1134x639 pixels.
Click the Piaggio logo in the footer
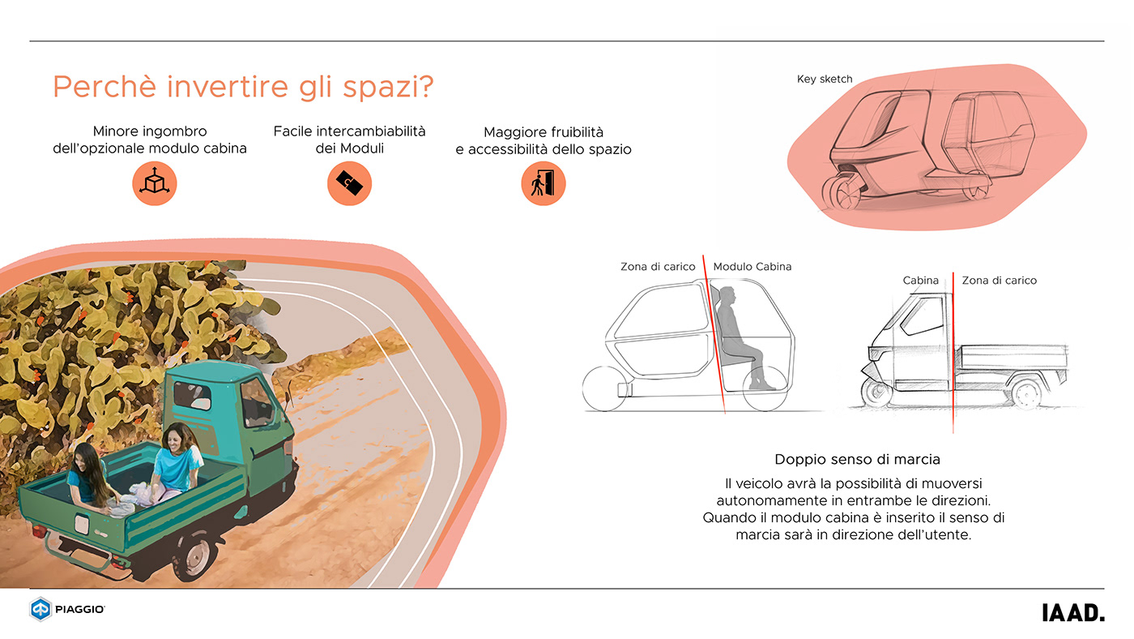click(x=67, y=609)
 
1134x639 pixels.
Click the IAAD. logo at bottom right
click(x=1072, y=613)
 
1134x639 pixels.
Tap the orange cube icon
click(x=154, y=183)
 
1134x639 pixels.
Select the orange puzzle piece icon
click(x=349, y=183)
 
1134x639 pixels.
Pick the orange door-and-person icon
click(x=543, y=183)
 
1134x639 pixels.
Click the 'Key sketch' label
click(x=825, y=79)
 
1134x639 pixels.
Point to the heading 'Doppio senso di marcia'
click(x=857, y=460)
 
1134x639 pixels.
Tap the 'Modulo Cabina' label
click(x=752, y=267)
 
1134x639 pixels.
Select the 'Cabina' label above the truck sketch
click(x=920, y=281)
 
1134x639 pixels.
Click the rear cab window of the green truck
click(x=192, y=397)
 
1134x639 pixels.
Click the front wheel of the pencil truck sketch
click(x=876, y=393)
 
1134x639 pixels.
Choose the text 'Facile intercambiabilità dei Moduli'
click(x=349, y=139)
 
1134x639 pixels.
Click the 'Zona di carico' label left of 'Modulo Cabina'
click(x=658, y=267)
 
